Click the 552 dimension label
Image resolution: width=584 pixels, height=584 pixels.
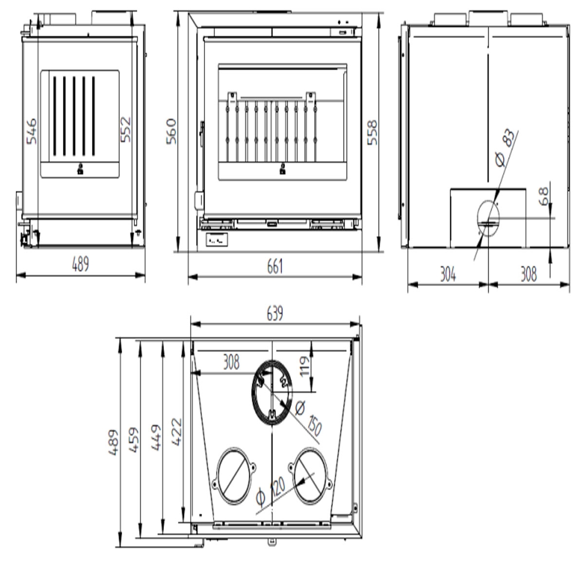(x=126, y=129)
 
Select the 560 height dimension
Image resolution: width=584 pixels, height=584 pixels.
(x=172, y=131)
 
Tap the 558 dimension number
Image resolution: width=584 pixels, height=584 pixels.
(x=372, y=132)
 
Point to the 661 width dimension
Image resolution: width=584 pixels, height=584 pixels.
(x=274, y=267)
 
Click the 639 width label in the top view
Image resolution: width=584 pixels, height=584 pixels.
(x=275, y=314)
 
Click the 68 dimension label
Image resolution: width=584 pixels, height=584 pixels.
(x=544, y=196)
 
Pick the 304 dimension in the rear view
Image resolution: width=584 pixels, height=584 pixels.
(x=448, y=274)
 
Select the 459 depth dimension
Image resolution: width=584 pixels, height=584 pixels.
(x=133, y=441)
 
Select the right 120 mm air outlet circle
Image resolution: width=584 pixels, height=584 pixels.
(x=311, y=475)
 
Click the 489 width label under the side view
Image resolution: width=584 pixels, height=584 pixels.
(x=81, y=265)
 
